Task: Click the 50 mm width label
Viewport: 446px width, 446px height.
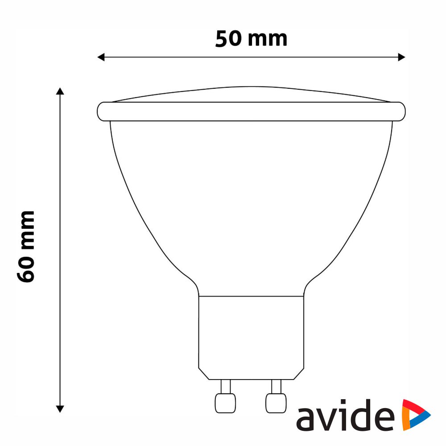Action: (x=251, y=39)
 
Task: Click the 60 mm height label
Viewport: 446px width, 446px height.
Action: (x=26, y=247)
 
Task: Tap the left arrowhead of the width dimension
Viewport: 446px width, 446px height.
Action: (x=101, y=57)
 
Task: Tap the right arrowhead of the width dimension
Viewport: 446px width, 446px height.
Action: (x=401, y=57)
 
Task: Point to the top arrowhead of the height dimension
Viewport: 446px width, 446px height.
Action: (x=60, y=91)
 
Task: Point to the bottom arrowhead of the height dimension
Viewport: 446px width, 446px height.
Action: (x=60, y=409)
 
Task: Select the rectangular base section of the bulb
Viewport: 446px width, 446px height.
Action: (x=251, y=338)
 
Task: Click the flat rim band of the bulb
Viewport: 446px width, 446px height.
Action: (x=251, y=111)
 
